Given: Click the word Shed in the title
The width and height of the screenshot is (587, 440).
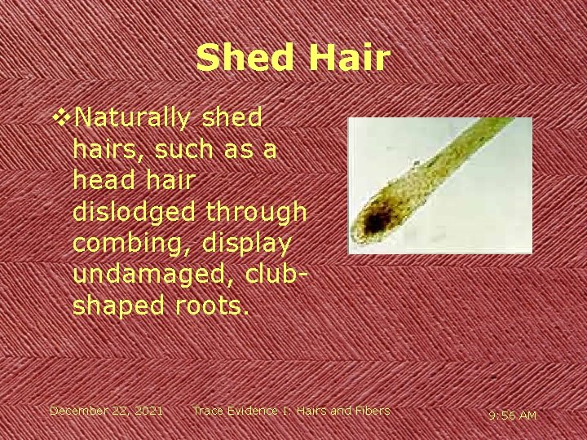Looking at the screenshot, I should (241, 59).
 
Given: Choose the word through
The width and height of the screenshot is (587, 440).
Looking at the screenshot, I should (260, 212).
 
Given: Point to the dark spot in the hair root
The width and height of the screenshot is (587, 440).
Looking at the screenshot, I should (375, 221).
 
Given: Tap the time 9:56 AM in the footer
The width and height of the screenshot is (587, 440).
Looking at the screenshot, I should (512, 416).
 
